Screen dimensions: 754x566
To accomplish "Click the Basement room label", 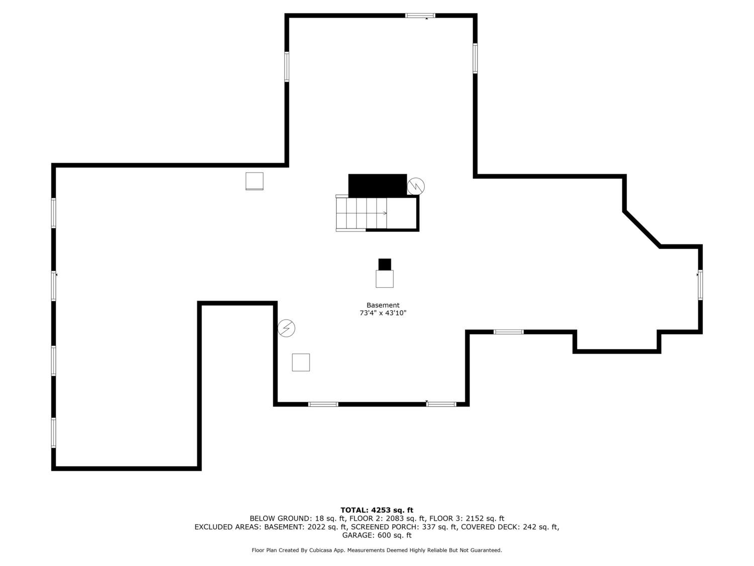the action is click(383, 305).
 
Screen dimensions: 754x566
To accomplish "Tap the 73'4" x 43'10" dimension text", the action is click(383, 313).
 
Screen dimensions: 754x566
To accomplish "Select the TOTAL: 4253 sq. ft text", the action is click(377, 510).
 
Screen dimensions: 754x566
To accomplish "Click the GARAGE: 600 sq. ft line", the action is click(377, 535).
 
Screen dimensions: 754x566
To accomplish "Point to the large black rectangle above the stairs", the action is click(377, 186).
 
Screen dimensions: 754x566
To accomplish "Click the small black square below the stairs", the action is click(385, 264).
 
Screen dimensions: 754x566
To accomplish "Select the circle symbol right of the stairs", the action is click(416, 186).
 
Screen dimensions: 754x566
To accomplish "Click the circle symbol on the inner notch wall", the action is click(286, 328).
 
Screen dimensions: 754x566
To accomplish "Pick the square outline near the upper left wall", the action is click(254, 181).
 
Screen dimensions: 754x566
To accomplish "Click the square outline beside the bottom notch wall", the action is click(301, 362).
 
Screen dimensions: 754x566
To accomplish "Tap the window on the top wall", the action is click(420, 16).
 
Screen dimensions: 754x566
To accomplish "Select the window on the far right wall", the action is click(700, 285).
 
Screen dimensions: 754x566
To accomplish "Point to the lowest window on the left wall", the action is click(54, 433).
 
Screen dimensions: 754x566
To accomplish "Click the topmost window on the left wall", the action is click(54, 213).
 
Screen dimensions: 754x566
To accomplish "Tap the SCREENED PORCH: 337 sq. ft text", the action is click(404, 527).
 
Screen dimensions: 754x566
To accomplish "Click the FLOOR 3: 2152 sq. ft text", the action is click(467, 518).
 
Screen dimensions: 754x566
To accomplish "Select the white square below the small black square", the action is click(385, 279).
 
